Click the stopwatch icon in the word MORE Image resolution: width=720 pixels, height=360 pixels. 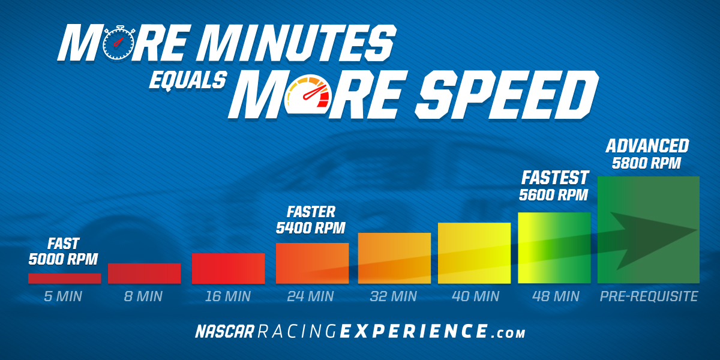[x=119, y=43]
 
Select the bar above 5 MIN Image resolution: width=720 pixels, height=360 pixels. [x=65, y=278]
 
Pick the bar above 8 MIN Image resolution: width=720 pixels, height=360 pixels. [x=145, y=274]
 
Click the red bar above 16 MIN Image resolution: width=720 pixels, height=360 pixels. [x=228, y=268]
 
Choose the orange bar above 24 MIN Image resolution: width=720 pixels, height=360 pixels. [x=312, y=263]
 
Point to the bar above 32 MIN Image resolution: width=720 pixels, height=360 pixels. [x=394, y=258]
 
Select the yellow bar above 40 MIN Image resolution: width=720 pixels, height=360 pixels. [x=474, y=253]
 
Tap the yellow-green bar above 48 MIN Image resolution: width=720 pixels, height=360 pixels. [x=554, y=248]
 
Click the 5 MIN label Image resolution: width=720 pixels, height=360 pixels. [x=63, y=296]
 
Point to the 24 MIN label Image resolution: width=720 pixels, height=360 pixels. [x=311, y=296]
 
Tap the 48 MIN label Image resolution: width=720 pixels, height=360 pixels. [x=556, y=296]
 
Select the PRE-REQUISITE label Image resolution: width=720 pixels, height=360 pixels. [x=649, y=296]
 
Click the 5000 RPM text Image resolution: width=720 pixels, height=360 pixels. [x=63, y=259]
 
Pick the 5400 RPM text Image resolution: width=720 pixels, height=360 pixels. [x=311, y=228]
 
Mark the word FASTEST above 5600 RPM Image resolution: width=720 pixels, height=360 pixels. [x=554, y=178]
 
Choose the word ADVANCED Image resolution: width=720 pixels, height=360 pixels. [x=647, y=146]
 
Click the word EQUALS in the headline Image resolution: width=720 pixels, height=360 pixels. [x=188, y=80]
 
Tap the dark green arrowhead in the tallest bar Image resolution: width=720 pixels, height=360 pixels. [x=653, y=240]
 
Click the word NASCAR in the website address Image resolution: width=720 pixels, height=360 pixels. [x=224, y=331]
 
